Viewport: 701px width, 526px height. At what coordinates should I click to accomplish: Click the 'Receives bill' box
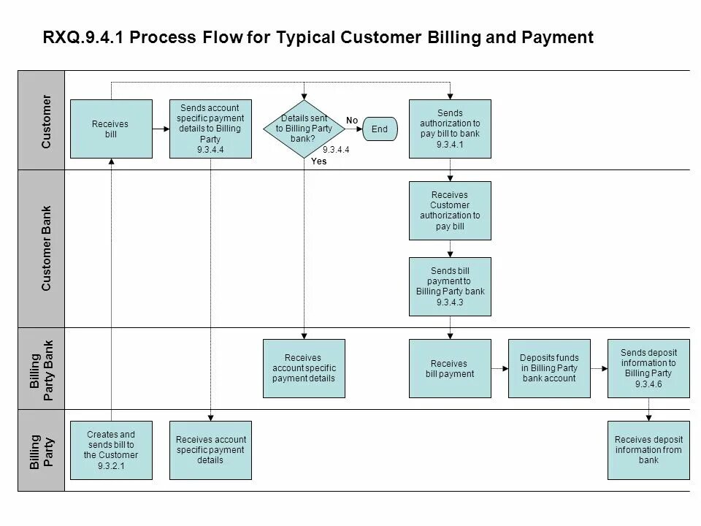[x=111, y=129]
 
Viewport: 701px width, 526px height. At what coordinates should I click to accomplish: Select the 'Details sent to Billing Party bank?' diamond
[x=304, y=129]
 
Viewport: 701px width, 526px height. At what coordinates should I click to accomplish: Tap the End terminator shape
[x=380, y=129]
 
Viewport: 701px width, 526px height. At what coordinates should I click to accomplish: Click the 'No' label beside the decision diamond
[x=352, y=119]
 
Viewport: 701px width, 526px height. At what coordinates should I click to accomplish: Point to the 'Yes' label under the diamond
[x=319, y=161]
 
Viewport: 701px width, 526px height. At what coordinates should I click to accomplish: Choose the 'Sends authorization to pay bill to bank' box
[x=450, y=129]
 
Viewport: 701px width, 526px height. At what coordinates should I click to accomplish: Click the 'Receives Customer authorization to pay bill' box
[x=450, y=210]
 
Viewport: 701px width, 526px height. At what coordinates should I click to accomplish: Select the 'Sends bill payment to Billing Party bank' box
[x=450, y=286]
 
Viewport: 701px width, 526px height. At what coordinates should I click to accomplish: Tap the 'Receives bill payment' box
[x=450, y=368]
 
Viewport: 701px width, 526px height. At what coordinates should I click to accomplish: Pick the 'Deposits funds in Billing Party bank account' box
[x=549, y=368]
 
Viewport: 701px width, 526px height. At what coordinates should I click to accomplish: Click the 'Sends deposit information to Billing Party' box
[x=648, y=368]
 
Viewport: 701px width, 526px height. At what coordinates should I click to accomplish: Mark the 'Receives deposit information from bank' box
[x=648, y=450]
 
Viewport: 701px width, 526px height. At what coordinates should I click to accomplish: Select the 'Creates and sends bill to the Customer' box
[x=111, y=450]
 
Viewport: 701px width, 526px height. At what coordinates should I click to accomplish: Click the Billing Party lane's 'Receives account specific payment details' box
[x=210, y=450]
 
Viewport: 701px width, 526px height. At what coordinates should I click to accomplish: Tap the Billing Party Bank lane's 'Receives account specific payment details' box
[x=304, y=368]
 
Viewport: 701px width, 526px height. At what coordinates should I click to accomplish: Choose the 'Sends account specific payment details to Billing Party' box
[x=210, y=129]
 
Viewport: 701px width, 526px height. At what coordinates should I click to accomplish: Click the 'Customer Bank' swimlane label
[x=47, y=249]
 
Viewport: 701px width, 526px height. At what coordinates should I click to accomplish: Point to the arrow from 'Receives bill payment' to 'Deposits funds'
[x=499, y=369]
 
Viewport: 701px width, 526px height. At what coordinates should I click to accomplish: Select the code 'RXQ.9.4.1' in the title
[x=86, y=38]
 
